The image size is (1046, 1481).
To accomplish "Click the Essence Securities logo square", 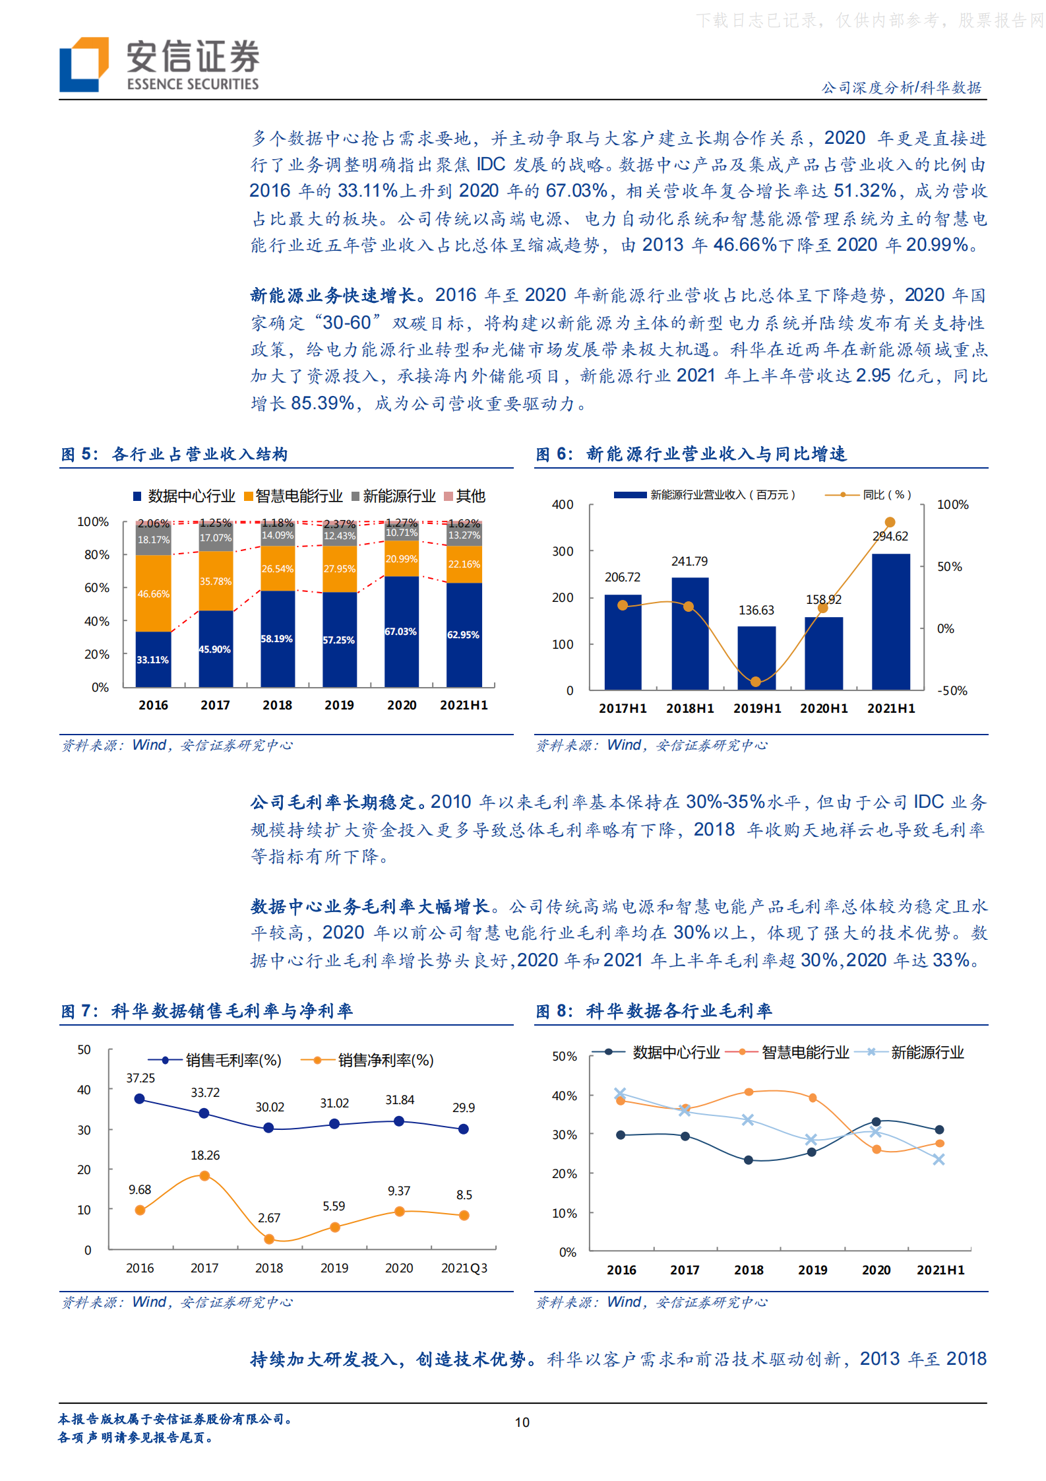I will pos(84,64).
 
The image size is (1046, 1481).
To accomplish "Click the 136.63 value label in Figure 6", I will pos(756,610).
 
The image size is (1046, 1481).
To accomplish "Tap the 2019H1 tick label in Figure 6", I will pos(756,708).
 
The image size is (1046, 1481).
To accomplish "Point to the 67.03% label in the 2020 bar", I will pos(401,632).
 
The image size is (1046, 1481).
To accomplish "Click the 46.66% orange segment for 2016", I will pos(153,593).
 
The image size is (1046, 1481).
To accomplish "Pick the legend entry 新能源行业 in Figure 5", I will pos(394,496).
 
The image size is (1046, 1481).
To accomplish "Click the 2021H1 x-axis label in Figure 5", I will pos(464,705).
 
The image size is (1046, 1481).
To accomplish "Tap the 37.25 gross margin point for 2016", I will pos(139,1099).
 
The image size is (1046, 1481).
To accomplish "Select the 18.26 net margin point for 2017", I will pos(204,1175).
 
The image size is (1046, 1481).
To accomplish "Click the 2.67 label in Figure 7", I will pos(269,1218).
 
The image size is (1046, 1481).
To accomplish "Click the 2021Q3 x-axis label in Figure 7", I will pos(464,1268).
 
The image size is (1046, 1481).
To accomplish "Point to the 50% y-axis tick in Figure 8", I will pos(564,1057).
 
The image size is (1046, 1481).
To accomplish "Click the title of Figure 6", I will pos(691,454).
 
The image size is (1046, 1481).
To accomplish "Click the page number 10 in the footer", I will pos(522,1422).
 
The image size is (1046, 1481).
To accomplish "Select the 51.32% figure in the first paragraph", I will pos(865,191).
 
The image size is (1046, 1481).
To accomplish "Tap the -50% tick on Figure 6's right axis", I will pos(952,690).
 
